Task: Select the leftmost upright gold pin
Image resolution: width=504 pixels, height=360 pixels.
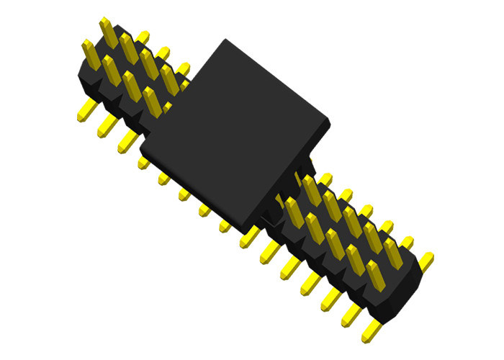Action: (89, 53)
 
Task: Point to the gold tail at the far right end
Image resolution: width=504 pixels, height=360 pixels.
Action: (426, 260)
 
